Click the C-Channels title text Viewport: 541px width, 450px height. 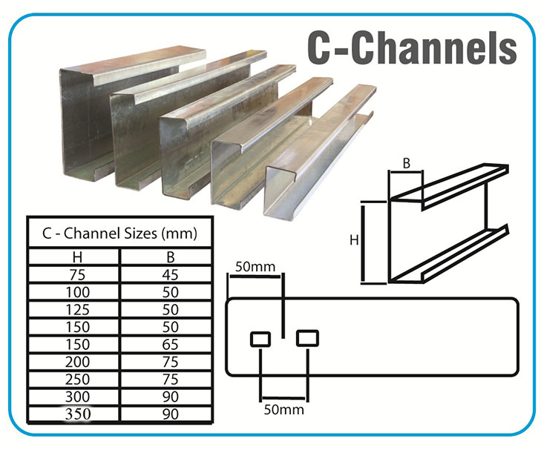(412, 48)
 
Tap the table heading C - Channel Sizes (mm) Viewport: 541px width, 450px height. (119, 234)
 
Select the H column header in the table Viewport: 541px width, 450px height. (77, 257)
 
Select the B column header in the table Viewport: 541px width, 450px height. (171, 257)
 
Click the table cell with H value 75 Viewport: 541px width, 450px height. (77, 274)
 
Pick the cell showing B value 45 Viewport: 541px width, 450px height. (171, 274)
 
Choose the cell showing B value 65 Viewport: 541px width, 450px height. (171, 344)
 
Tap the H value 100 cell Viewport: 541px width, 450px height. (78, 292)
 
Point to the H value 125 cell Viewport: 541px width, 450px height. (78, 309)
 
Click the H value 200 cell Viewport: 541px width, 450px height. (78, 362)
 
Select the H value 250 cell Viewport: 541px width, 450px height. (78, 379)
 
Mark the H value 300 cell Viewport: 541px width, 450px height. (78, 397)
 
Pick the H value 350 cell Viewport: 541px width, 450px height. (78, 414)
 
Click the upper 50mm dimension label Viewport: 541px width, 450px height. (255, 267)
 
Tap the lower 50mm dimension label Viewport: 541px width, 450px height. (284, 410)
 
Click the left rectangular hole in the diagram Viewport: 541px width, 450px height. (260, 339)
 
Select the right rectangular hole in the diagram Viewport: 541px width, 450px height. (307, 338)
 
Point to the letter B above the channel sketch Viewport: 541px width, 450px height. (407, 163)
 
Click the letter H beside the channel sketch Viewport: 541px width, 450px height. (354, 239)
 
